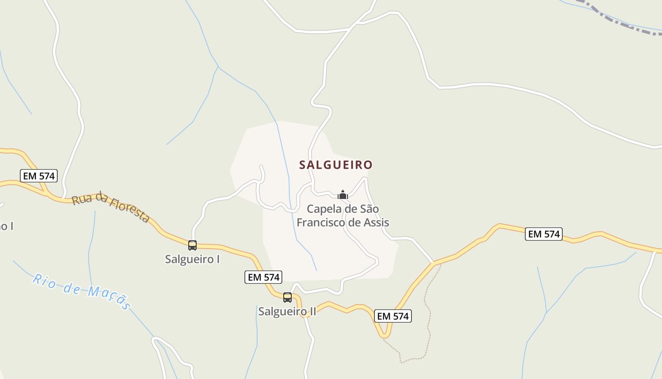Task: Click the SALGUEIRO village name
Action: pyautogui.click(x=336, y=165)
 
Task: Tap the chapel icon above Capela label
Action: pyautogui.click(x=343, y=195)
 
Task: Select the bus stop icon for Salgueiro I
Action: pyautogui.click(x=192, y=245)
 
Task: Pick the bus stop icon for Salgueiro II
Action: pyautogui.click(x=287, y=298)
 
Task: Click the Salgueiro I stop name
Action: pyautogui.click(x=192, y=260)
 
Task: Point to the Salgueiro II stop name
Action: pyautogui.click(x=287, y=311)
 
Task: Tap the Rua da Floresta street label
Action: pyautogui.click(x=111, y=207)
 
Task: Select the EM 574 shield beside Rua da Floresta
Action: pyautogui.click(x=39, y=176)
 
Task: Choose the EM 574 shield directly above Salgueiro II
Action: pyautogui.click(x=263, y=277)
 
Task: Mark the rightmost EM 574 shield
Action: pyautogui.click(x=544, y=234)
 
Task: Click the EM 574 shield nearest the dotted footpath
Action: pyautogui.click(x=393, y=316)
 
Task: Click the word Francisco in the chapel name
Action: pyautogui.click(x=320, y=222)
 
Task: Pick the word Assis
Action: pyautogui.click(x=375, y=222)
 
